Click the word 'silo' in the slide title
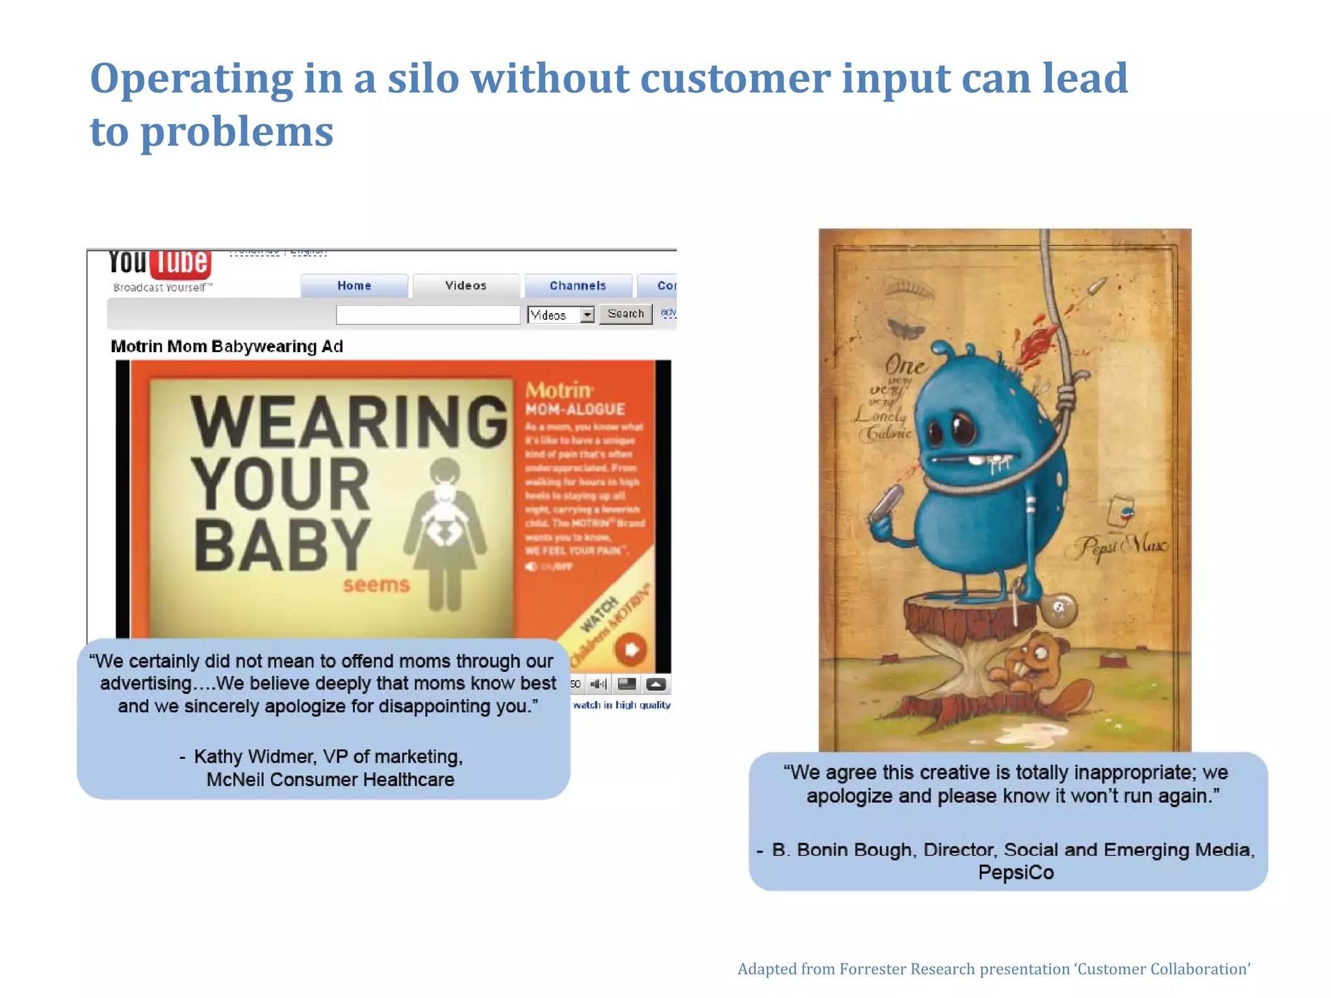tap(423, 79)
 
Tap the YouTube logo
tap(159, 262)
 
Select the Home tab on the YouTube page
tap(354, 285)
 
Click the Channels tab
tap(578, 285)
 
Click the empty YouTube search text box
tap(428, 314)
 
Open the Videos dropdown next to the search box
tap(587, 315)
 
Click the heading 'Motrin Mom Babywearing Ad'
tap(227, 346)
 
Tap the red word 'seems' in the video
tap(376, 585)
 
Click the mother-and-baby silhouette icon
tap(445, 533)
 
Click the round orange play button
tap(630, 649)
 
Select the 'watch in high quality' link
tap(621, 705)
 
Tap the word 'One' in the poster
tap(906, 366)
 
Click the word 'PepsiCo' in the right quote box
tap(1016, 873)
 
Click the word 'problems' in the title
tap(237, 132)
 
